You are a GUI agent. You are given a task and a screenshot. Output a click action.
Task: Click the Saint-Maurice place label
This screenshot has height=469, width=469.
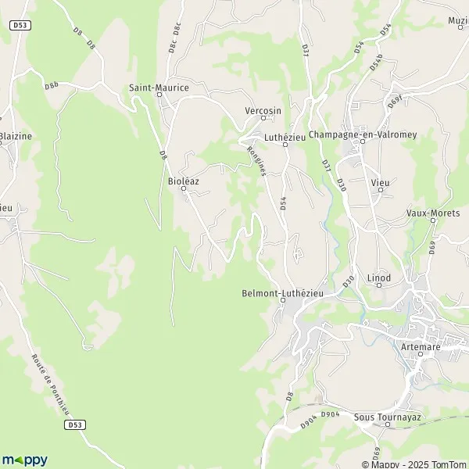[x=159, y=88]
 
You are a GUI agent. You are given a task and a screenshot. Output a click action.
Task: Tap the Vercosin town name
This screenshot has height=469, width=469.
[x=263, y=111]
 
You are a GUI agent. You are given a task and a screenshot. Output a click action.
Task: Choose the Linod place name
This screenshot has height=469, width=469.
[x=379, y=277]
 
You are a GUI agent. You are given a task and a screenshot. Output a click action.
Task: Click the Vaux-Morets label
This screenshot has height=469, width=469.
[x=431, y=213]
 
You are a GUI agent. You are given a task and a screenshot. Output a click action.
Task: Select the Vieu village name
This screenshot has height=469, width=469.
[x=380, y=182]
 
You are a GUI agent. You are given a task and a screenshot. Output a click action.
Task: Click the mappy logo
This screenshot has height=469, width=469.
[x=25, y=460]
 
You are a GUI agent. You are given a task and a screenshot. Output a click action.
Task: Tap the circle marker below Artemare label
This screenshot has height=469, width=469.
[x=419, y=353]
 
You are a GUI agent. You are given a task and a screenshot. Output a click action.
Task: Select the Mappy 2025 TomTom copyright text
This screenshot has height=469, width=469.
[x=420, y=462]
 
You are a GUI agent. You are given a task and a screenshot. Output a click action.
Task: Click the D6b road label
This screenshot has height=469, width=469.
[x=52, y=84]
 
